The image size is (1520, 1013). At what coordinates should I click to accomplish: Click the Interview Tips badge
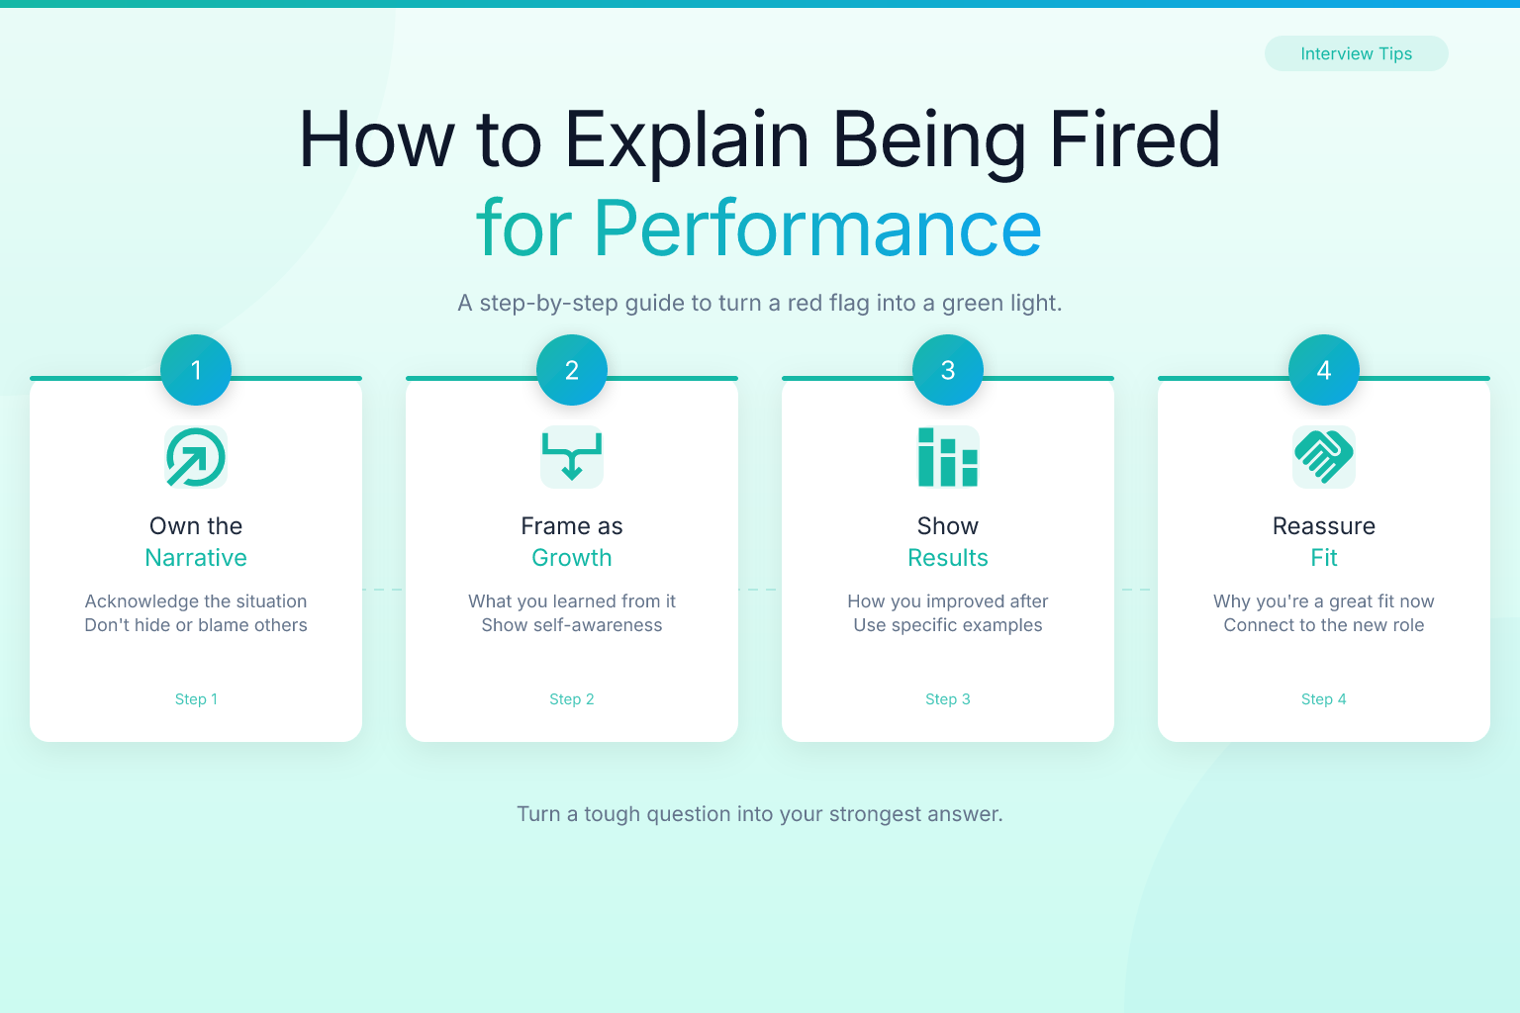coord(1356,53)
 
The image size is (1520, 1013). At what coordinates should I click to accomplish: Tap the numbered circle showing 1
coord(196,370)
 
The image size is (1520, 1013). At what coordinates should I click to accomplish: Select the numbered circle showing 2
coord(572,370)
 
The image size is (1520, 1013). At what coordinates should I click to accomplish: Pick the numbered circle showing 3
coord(948,370)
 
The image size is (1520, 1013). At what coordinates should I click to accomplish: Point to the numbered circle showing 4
coord(1324,370)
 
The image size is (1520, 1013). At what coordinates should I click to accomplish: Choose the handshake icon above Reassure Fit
coord(1324,457)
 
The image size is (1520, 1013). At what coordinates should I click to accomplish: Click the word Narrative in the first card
coord(196,558)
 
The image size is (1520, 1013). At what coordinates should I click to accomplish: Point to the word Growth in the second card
coord(572,558)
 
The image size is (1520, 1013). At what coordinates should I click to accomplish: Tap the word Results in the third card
coord(948,558)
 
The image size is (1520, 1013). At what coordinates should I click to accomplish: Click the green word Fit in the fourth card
coord(1324,558)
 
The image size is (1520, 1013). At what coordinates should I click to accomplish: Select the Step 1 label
coord(196,698)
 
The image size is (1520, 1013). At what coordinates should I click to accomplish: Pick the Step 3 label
coord(948,698)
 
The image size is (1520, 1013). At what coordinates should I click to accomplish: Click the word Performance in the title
coord(817,229)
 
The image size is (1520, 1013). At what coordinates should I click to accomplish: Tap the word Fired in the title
coord(1135,139)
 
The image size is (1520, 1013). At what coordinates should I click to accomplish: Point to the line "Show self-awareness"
coord(572,625)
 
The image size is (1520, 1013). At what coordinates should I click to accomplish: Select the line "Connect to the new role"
coord(1324,625)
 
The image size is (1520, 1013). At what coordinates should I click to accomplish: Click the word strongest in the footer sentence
coord(874,814)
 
